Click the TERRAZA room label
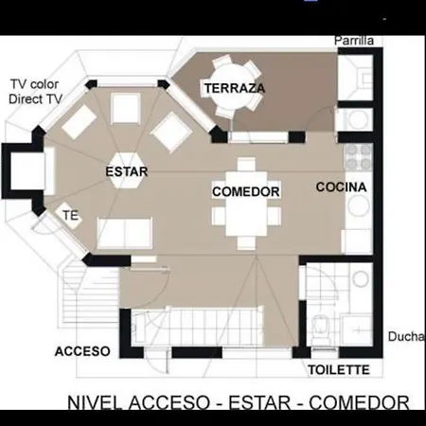235,88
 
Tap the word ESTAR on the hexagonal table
127,171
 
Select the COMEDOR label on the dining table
246,191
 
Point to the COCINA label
341,187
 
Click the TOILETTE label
339,370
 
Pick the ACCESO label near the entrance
82,351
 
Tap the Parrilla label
354,41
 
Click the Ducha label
407,337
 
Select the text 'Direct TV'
35,99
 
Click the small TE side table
69,216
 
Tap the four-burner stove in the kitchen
360,157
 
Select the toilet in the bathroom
321,329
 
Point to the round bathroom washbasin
361,279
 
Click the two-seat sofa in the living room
125,233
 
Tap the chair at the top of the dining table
246,164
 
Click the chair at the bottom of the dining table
246,243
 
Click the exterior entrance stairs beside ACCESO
90,295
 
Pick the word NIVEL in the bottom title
95,402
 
